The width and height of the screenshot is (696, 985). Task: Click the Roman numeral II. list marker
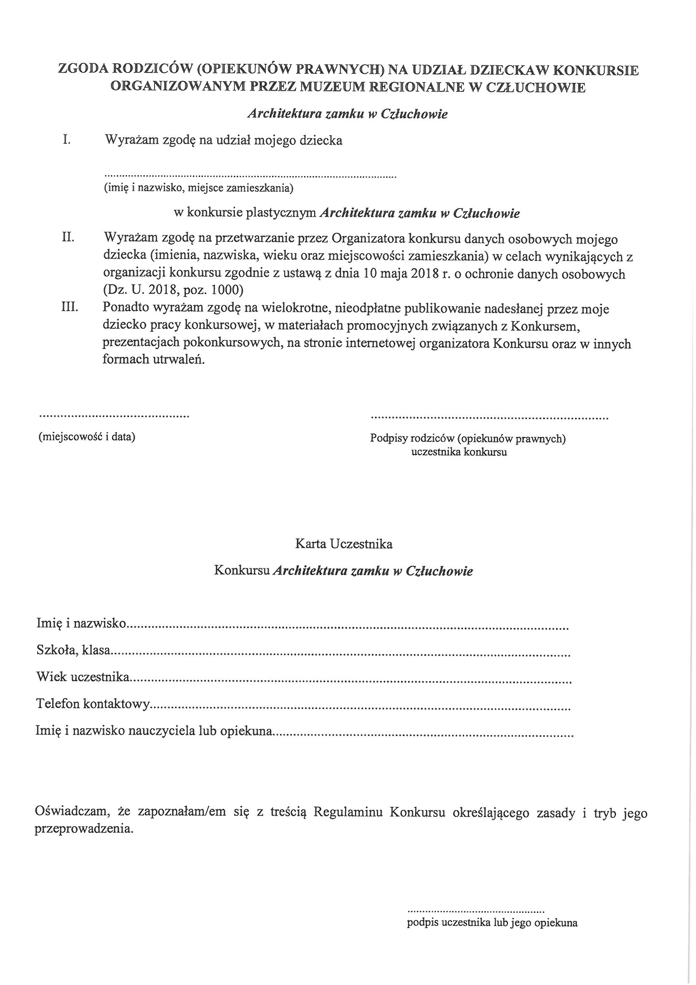coord(68,238)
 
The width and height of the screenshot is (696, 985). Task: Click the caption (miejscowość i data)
coord(87,437)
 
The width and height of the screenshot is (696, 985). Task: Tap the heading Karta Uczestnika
coord(344,544)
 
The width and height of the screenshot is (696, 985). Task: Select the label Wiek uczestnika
coord(83,677)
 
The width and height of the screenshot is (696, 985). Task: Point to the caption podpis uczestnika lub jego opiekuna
coord(492,922)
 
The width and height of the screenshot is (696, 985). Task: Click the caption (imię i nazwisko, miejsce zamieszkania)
coord(199,188)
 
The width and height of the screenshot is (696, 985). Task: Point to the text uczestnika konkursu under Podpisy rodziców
coord(459,452)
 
